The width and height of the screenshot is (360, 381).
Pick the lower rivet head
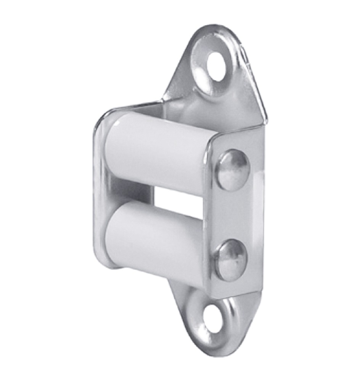pyautogui.click(x=231, y=260)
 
